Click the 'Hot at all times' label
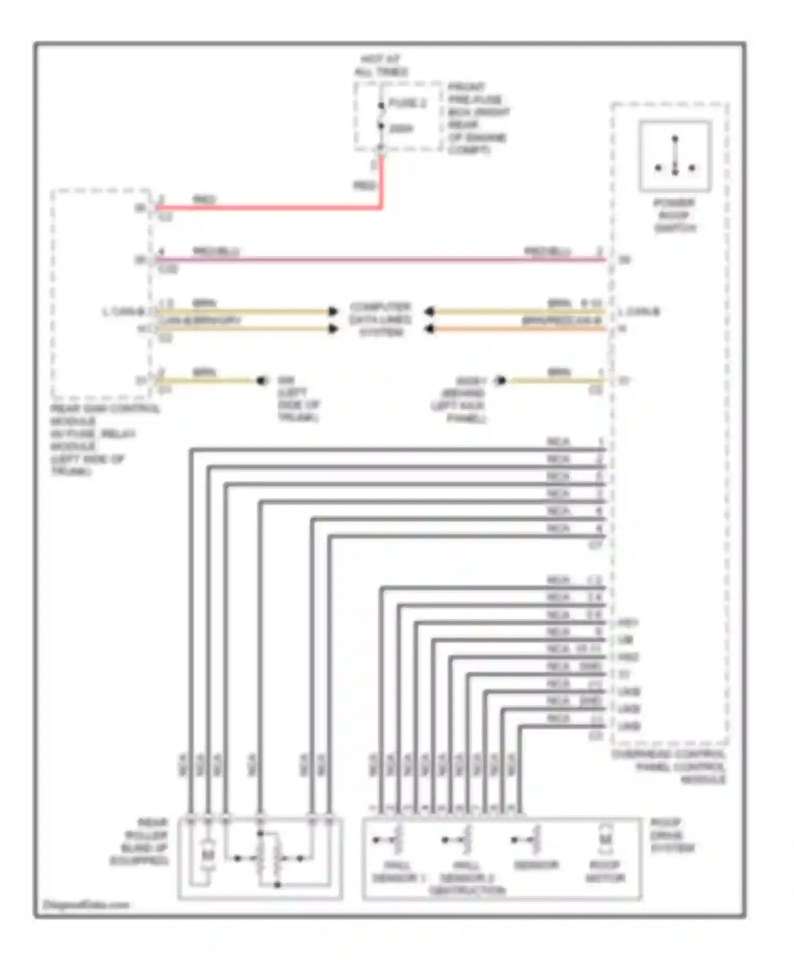pos(381,66)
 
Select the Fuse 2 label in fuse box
pos(407,103)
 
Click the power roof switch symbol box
pos(675,156)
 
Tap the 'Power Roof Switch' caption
pos(674,215)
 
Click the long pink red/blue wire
pos(381,259)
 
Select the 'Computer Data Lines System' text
pos(381,320)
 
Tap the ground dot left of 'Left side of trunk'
pos(261,381)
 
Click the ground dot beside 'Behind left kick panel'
pos(500,381)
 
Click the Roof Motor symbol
pos(605,840)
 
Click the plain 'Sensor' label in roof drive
pos(536,865)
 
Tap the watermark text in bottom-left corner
pos(86,905)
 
